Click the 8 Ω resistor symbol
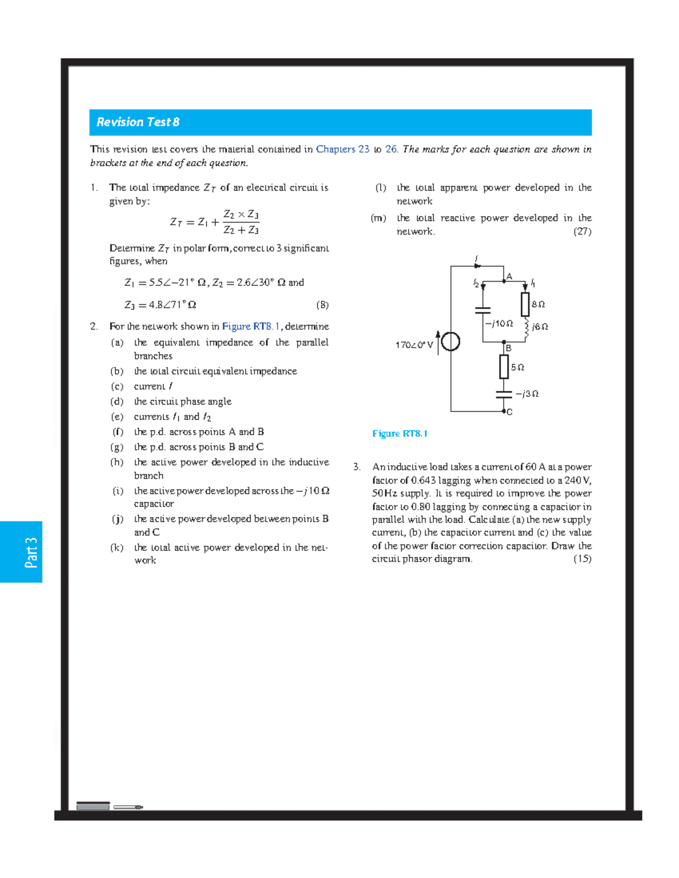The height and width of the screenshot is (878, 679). coord(525,304)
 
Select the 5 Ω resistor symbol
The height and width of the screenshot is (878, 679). coord(504,367)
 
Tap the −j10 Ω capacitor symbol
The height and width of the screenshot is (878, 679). coord(483,310)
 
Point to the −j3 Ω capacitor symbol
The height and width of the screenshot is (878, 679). coord(504,394)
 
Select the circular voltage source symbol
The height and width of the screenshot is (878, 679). coord(450,341)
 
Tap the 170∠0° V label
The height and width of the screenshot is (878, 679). coord(414,345)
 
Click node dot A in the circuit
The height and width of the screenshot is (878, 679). coord(504,280)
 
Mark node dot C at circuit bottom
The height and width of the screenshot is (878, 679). coord(504,412)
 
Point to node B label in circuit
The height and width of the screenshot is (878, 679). coord(509,348)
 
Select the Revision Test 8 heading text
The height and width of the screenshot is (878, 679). coord(137,122)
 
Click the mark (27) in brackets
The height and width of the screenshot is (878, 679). coord(582,231)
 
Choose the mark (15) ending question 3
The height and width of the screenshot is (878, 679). coord(582,559)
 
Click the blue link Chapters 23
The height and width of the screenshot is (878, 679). coord(342,149)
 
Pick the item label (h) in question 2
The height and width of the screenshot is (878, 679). coord(117,462)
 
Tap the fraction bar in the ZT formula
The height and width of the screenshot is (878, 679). coord(241,222)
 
